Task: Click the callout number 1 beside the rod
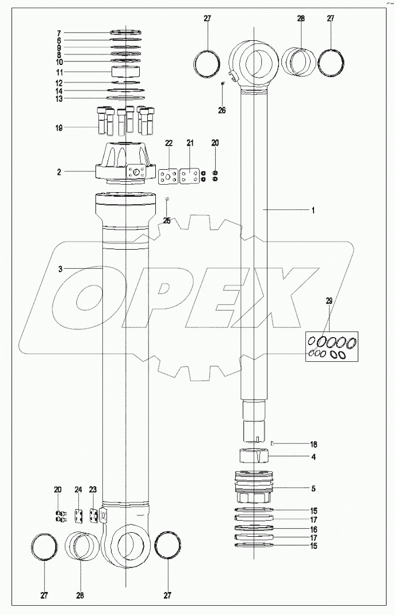coord(313,211)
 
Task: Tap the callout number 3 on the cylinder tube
coord(59,269)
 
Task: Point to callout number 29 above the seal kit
coord(328,301)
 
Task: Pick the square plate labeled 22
coord(169,176)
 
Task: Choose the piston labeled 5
coord(253,488)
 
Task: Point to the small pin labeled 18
coord(271,443)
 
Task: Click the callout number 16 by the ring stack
coord(313,529)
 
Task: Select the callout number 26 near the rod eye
coord(222,110)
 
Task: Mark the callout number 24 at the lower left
coord(79,490)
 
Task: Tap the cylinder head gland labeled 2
coord(125,164)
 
